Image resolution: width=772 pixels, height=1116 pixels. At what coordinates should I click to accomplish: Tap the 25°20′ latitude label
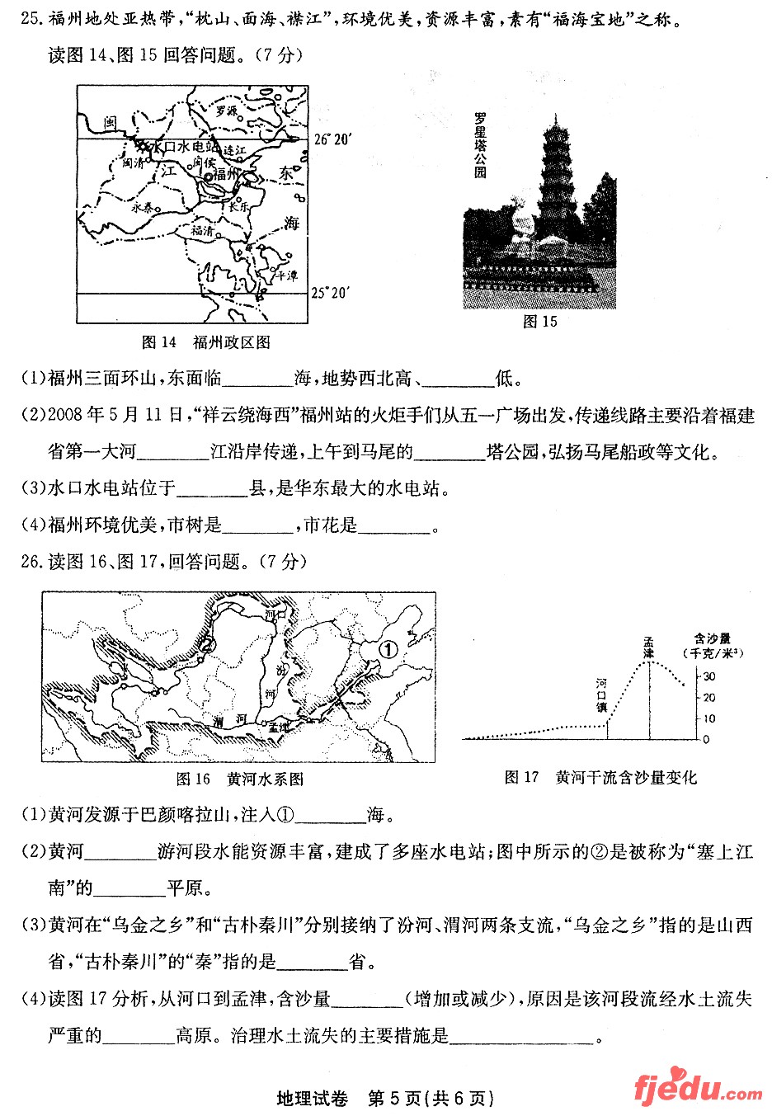(330, 293)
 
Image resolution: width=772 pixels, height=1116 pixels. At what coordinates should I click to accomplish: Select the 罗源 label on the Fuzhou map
(226, 110)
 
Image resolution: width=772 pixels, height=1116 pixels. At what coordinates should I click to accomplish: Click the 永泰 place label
(143, 207)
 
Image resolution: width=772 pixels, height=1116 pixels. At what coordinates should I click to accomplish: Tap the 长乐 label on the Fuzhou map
(239, 208)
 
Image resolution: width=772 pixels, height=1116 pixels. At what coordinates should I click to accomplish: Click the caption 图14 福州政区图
(206, 341)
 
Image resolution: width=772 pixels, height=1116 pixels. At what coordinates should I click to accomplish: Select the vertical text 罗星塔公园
(480, 145)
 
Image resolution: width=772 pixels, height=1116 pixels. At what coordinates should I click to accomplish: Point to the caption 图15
(540, 322)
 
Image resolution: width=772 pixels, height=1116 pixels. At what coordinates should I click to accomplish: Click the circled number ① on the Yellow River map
(388, 649)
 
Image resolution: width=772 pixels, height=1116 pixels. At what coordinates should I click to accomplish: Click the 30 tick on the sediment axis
(708, 676)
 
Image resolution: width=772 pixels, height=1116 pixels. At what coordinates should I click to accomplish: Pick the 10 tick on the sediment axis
(708, 718)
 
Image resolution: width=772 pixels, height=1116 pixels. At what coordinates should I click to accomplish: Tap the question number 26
(31, 562)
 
